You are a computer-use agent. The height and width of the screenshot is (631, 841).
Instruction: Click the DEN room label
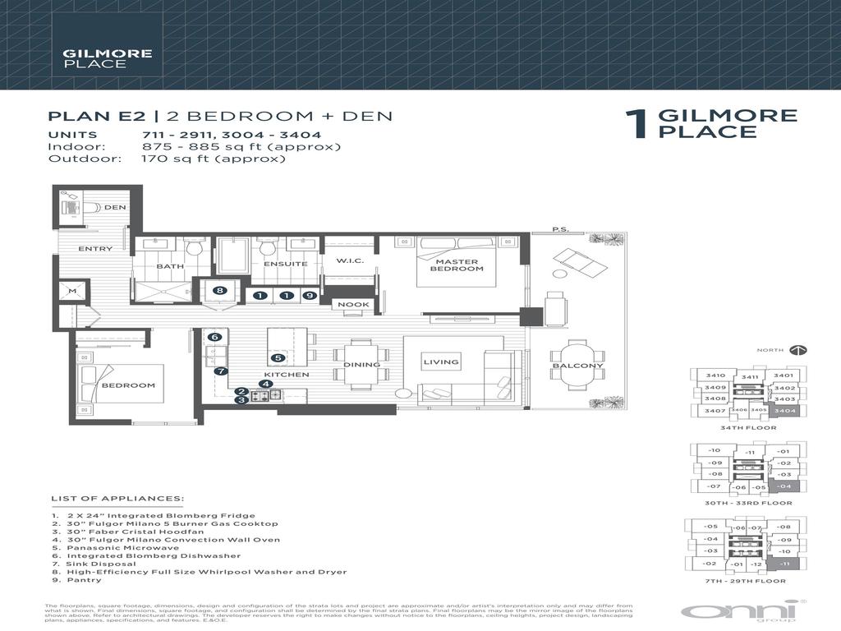(x=115, y=207)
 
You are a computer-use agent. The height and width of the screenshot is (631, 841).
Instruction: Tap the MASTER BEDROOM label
(x=457, y=265)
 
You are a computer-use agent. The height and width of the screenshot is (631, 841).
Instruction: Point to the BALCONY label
(x=577, y=366)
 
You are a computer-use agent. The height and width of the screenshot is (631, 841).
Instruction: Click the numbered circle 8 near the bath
(x=219, y=290)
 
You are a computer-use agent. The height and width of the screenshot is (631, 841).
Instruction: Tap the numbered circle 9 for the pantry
(x=308, y=295)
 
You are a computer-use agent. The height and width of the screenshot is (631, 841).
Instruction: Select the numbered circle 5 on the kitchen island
(x=278, y=357)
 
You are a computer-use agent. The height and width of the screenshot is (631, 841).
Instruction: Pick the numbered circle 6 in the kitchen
(x=214, y=337)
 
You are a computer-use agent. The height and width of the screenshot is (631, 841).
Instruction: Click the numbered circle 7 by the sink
(x=219, y=371)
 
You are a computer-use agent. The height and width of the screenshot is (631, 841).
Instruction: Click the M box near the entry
(x=71, y=291)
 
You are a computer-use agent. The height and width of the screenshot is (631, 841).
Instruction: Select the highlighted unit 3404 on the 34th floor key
(x=784, y=410)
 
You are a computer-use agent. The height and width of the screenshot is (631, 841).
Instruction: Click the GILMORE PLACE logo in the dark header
(x=95, y=58)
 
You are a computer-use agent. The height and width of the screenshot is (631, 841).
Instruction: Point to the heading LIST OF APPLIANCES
(x=117, y=498)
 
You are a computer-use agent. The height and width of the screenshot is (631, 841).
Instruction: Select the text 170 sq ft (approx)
(x=213, y=159)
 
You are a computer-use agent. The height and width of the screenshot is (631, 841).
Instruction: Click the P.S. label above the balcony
(x=560, y=230)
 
